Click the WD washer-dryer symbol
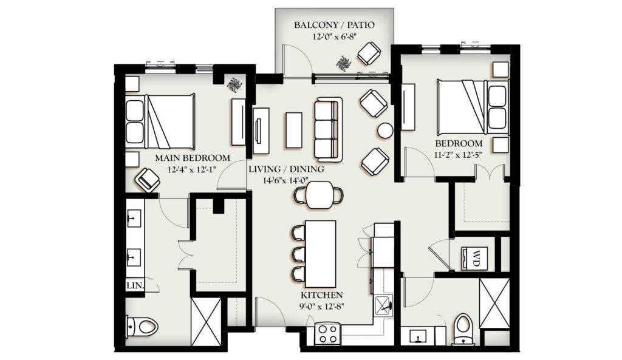tap(475, 258)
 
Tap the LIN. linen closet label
tap(135, 285)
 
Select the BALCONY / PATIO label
tap(334, 25)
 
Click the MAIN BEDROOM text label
tap(193, 158)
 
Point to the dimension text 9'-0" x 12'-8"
tap(322, 306)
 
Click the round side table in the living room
tap(385, 131)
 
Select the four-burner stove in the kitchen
tap(328, 333)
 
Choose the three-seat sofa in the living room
tap(328, 129)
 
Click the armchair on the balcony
tap(369, 53)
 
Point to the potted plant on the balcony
tap(344, 63)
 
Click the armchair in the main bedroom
tap(147, 180)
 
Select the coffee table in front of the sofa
tap(293, 130)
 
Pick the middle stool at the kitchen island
tap(298, 254)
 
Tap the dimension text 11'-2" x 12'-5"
tap(459, 155)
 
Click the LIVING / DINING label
tap(287, 169)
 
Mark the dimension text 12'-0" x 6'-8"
tap(334, 37)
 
